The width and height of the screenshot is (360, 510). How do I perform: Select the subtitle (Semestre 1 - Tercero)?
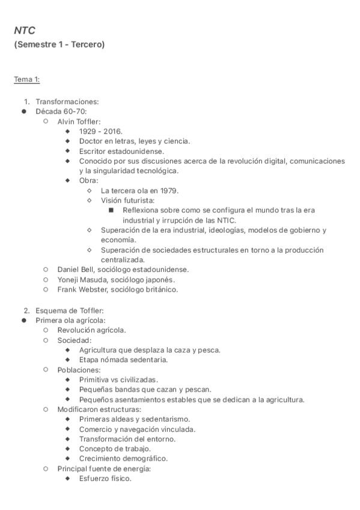tap(59, 45)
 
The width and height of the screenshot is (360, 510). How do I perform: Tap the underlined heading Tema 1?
tap(27, 79)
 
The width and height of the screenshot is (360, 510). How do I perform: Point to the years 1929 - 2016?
tap(100, 131)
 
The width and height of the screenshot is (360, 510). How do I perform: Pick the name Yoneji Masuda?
tap(80, 280)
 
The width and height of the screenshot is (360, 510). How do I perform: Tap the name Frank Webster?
tap(81, 289)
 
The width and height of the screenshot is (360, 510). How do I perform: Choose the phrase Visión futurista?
tap(127, 200)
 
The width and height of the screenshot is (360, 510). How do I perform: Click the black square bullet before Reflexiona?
tap(112, 210)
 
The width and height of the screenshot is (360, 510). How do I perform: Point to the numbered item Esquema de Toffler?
tap(70, 310)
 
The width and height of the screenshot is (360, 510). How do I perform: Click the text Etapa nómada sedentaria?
tap(123, 360)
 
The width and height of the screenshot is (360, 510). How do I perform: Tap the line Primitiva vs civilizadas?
tap(118, 380)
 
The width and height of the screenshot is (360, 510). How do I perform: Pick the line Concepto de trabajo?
tap(115, 449)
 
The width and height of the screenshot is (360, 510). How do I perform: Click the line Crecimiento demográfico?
tap(123, 458)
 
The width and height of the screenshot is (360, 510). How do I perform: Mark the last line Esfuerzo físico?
tap(105, 479)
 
